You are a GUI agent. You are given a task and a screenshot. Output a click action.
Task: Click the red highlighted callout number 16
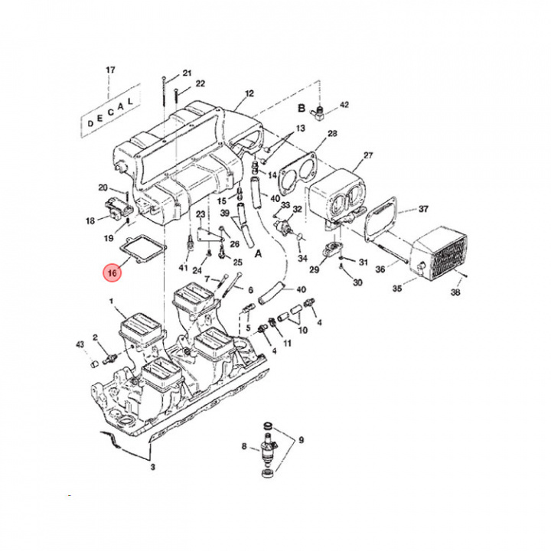(112, 272)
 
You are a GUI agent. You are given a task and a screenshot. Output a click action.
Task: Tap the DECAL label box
(110, 110)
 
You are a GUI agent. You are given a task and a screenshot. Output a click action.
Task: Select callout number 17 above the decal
(110, 70)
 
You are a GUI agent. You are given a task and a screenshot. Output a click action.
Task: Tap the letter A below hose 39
(258, 253)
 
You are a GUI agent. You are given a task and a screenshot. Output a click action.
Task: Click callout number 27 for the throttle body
(368, 156)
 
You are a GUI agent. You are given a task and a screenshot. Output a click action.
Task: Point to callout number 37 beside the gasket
(423, 208)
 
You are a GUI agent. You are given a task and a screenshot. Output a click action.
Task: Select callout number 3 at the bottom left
(152, 466)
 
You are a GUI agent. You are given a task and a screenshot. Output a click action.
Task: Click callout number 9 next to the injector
(301, 440)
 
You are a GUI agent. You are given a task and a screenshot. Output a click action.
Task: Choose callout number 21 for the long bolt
(187, 73)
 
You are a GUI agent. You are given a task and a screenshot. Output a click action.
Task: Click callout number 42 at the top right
(344, 104)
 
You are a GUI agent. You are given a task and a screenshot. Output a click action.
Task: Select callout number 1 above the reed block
(112, 302)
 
